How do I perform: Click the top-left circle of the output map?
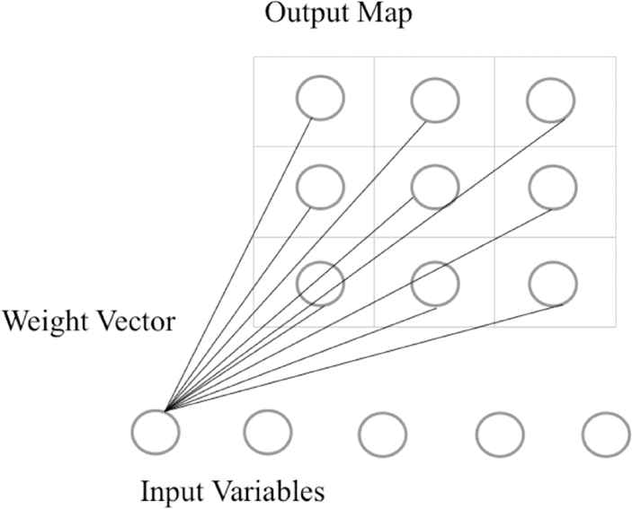[x=321, y=100]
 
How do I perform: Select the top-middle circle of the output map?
[x=436, y=100]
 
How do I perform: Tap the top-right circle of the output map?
[x=551, y=100]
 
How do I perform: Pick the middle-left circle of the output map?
[x=321, y=187]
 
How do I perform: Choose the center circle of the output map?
[x=436, y=187]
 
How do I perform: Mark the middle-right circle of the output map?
[x=551, y=187]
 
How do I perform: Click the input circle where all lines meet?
[x=155, y=430]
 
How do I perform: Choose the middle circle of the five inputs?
[x=383, y=434]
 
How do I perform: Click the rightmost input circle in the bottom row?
[x=605, y=434]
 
